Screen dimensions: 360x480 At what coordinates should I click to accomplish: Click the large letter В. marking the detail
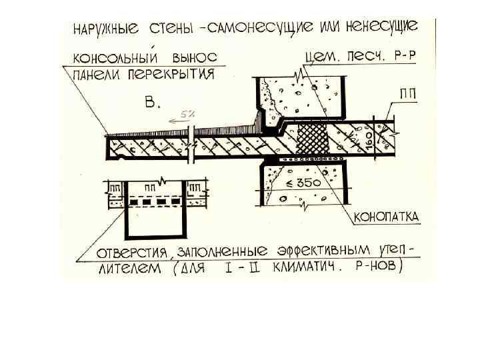(153, 103)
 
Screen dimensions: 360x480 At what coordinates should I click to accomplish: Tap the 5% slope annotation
(185, 114)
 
